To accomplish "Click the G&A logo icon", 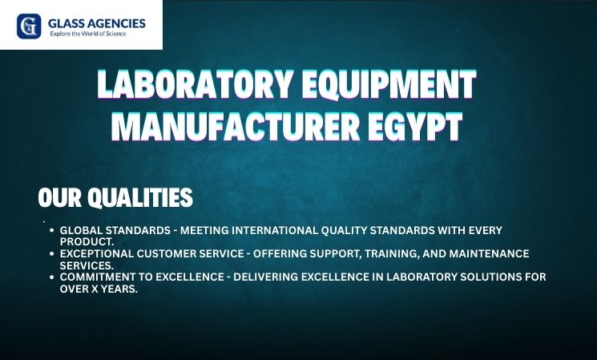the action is [x=29, y=26].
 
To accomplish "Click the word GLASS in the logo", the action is [x=67, y=23].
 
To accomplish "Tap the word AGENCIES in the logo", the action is [x=116, y=23].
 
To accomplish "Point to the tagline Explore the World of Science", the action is [x=88, y=34].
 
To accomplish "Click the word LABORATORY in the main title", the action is [x=196, y=84].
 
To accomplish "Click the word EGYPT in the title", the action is [x=415, y=127].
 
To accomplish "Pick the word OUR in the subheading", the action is [x=60, y=197].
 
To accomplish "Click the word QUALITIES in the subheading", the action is [x=140, y=197].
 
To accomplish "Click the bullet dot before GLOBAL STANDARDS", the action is [x=52, y=230].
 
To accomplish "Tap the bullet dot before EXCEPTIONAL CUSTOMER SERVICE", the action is [x=52, y=253].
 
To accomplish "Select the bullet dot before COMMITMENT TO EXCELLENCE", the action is [x=52, y=277].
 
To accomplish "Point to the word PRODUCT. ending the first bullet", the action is [x=87, y=242].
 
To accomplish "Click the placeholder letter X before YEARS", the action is [x=93, y=289].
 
